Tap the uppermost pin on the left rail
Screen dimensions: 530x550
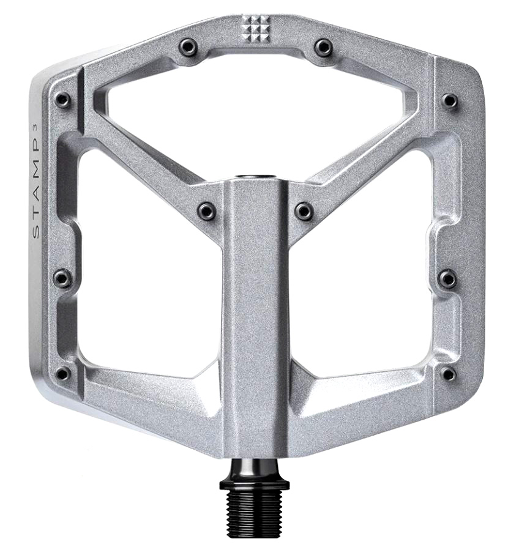pos(62,99)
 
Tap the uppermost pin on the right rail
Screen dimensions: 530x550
pos(450,99)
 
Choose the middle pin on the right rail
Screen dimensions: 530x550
pos(448,278)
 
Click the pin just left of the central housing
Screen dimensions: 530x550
pos(206,210)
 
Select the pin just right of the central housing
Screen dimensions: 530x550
pos(304,210)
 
